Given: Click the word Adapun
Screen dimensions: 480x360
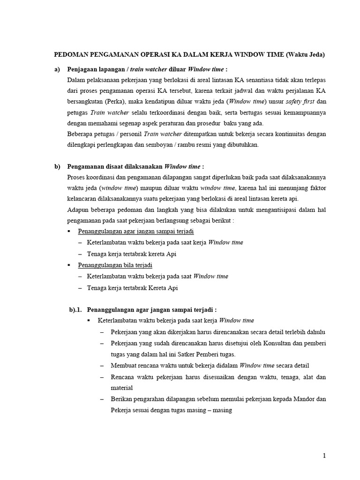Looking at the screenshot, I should [x=78, y=210].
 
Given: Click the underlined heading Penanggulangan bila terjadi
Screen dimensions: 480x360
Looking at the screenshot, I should [x=112, y=265].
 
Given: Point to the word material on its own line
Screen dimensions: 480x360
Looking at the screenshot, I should [x=122, y=388].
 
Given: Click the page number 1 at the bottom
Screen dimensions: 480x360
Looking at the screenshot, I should [x=324, y=455].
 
